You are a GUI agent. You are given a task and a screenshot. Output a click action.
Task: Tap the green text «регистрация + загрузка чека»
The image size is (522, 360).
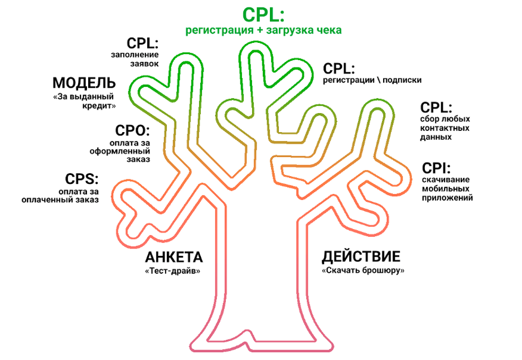(263, 30)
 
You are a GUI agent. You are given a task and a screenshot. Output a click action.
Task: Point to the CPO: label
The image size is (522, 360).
(133, 131)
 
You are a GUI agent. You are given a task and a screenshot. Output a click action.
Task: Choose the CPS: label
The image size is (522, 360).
(81, 179)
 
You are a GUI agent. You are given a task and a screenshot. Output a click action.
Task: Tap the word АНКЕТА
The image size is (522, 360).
(173, 257)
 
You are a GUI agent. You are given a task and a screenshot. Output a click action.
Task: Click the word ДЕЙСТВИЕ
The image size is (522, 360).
(361, 257)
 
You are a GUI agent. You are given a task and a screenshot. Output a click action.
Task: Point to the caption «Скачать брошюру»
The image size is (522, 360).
(362, 270)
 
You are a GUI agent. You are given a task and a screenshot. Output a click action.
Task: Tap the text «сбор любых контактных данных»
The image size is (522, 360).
(444, 128)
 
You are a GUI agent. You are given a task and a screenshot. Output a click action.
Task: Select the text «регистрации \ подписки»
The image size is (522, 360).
(372, 80)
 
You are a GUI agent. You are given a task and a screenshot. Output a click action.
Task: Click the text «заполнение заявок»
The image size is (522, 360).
(135, 59)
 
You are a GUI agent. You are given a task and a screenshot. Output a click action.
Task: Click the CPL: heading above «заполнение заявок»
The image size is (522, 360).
(143, 43)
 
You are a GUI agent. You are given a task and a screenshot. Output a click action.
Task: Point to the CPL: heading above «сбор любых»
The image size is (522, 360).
(436, 108)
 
